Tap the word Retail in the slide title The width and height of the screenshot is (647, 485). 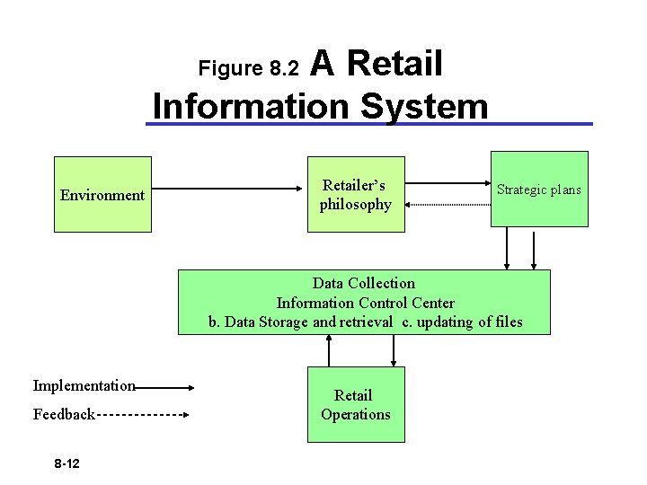click(394, 64)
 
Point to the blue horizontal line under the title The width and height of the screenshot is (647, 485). click(368, 124)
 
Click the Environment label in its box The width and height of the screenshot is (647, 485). click(102, 195)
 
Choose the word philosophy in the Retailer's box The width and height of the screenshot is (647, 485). click(356, 205)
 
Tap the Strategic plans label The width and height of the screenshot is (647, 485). click(539, 190)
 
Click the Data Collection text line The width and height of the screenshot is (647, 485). click(363, 283)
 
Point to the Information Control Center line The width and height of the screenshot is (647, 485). click(365, 303)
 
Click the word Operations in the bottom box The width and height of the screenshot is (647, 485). click(356, 415)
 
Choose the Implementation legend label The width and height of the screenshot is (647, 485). click(84, 386)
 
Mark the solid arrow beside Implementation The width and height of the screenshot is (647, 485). click(164, 388)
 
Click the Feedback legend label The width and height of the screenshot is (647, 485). click(64, 415)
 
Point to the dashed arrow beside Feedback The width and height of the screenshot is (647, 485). click(141, 415)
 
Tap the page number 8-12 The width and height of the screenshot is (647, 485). click(66, 463)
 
